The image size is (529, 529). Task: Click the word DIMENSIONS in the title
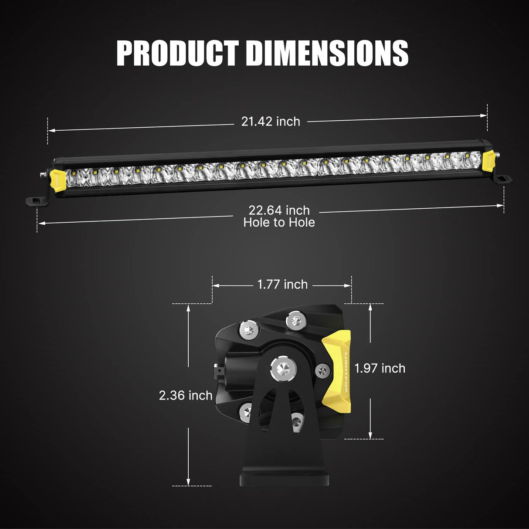327,53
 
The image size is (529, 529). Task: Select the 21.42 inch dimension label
271,122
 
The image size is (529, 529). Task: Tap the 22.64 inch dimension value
279,210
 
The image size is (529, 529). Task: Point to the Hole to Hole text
279,223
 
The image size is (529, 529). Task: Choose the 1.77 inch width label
282,285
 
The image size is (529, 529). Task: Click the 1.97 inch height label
380,368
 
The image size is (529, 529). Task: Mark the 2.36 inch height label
186,395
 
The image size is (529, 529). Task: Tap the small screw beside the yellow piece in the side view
322,371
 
